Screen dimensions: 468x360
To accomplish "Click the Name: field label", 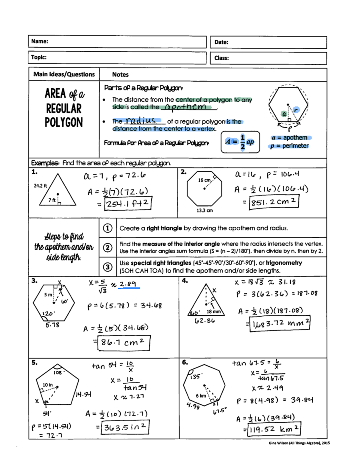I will coord(40,41).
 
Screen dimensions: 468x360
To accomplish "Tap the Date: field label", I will coord(221,42).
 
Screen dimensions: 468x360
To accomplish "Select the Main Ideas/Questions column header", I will coord(64,74).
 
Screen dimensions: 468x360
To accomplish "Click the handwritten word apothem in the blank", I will coord(186,107).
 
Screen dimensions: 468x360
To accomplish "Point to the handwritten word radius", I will coord(141,121).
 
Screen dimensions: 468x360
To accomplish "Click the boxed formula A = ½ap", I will coord(240,142).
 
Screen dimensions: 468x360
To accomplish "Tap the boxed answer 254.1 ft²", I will coord(127,204).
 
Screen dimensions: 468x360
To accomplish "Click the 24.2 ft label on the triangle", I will coord(40,186).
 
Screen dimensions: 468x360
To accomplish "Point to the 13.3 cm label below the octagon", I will coord(205,210).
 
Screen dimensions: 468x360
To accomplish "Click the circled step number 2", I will coord(108,248).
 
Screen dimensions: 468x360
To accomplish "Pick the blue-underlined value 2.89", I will coord(128,284).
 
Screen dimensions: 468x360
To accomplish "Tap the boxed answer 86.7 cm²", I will coord(123,343).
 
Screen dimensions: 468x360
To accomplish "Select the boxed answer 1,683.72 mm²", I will coord(280,323).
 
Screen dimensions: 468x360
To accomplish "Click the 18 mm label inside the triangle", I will coord(213,312).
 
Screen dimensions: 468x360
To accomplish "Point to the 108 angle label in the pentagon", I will coord(57,373).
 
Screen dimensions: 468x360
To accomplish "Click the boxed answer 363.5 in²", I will coord(125,427).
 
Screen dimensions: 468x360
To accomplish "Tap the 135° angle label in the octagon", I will coord(195,376).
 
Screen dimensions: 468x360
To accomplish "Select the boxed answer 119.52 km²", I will coord(274,429).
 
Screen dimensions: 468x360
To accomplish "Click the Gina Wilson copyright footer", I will coord(299,443).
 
